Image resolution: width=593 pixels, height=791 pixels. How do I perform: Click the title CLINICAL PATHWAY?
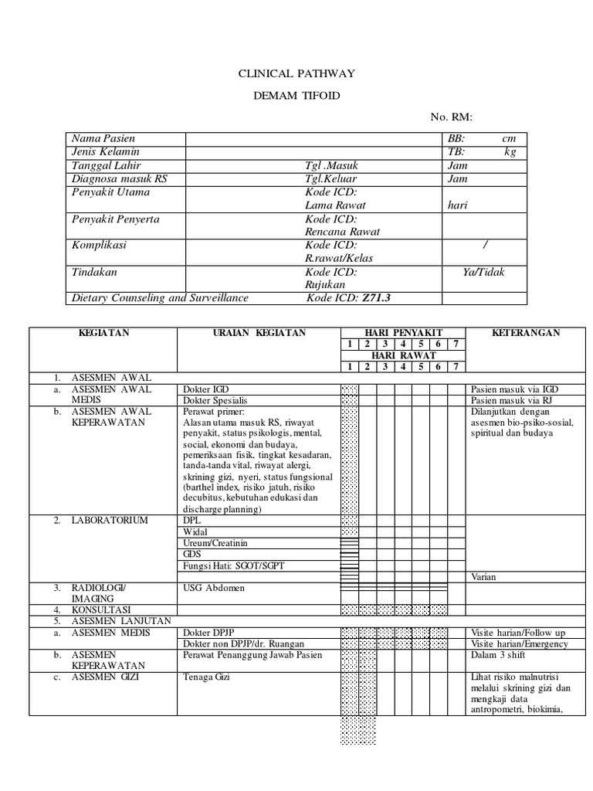pos(295,74)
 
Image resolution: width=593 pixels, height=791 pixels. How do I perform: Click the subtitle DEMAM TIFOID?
pos(296,96)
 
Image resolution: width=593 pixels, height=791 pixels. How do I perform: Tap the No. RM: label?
pos(451,117)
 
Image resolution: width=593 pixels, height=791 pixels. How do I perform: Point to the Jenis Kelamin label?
pos(106,152)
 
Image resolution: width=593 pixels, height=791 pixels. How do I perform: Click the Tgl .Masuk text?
pos(332,165)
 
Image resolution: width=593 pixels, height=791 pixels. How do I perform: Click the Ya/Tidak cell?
pos(483,272)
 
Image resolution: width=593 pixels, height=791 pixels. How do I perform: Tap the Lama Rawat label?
pos(335,205)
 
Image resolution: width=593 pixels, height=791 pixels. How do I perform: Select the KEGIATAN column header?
pos(103,333)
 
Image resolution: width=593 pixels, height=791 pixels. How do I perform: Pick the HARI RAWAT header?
pos(404,355)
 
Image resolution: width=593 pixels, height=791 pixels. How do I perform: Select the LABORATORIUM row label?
pos(110,521)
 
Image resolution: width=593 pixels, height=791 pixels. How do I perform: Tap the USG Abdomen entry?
pos(214,588)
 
